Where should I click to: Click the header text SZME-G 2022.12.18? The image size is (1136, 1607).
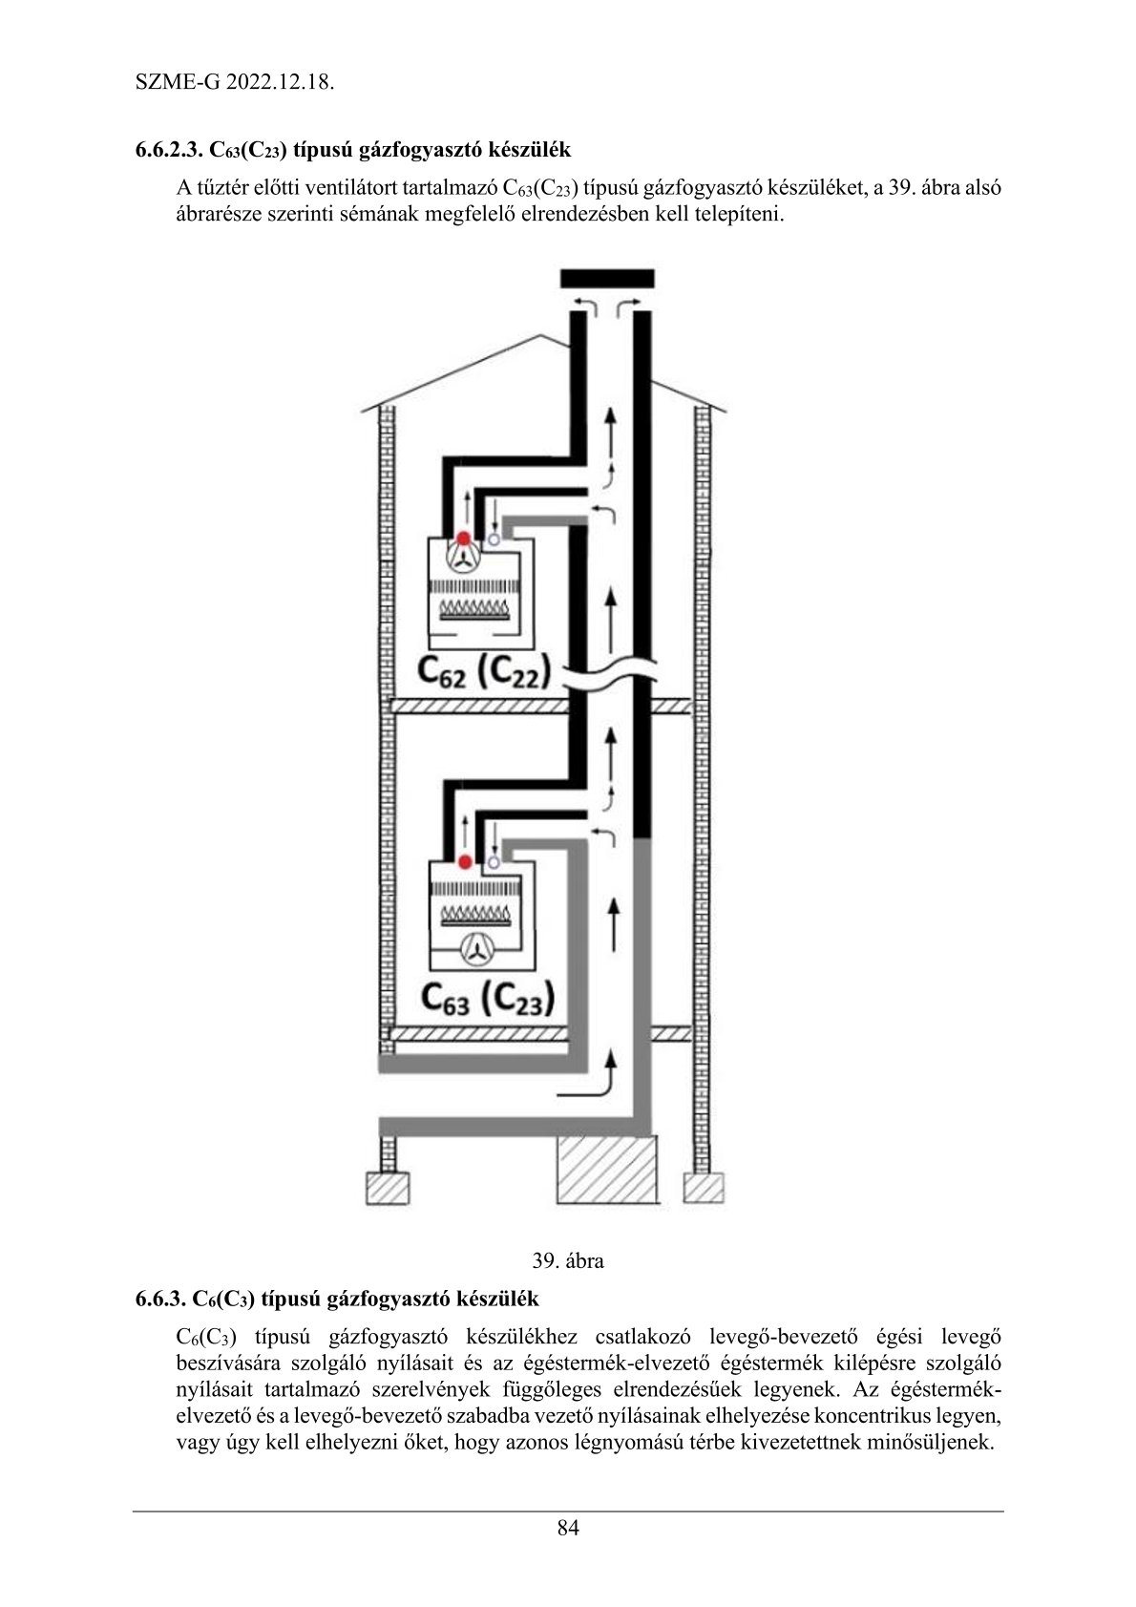[x=234, y=82]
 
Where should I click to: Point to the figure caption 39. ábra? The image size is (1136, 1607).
[x=568, y=1259]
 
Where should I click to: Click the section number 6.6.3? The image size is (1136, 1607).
[x=158, y=1300]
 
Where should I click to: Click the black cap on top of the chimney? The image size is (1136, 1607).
[x=607, y=279]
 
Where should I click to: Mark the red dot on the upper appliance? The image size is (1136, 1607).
[x=463, y=539]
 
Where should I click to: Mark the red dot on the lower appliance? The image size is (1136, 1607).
[x=465, y=862]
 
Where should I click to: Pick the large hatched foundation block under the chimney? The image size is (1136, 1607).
[x=608, y=1170]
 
